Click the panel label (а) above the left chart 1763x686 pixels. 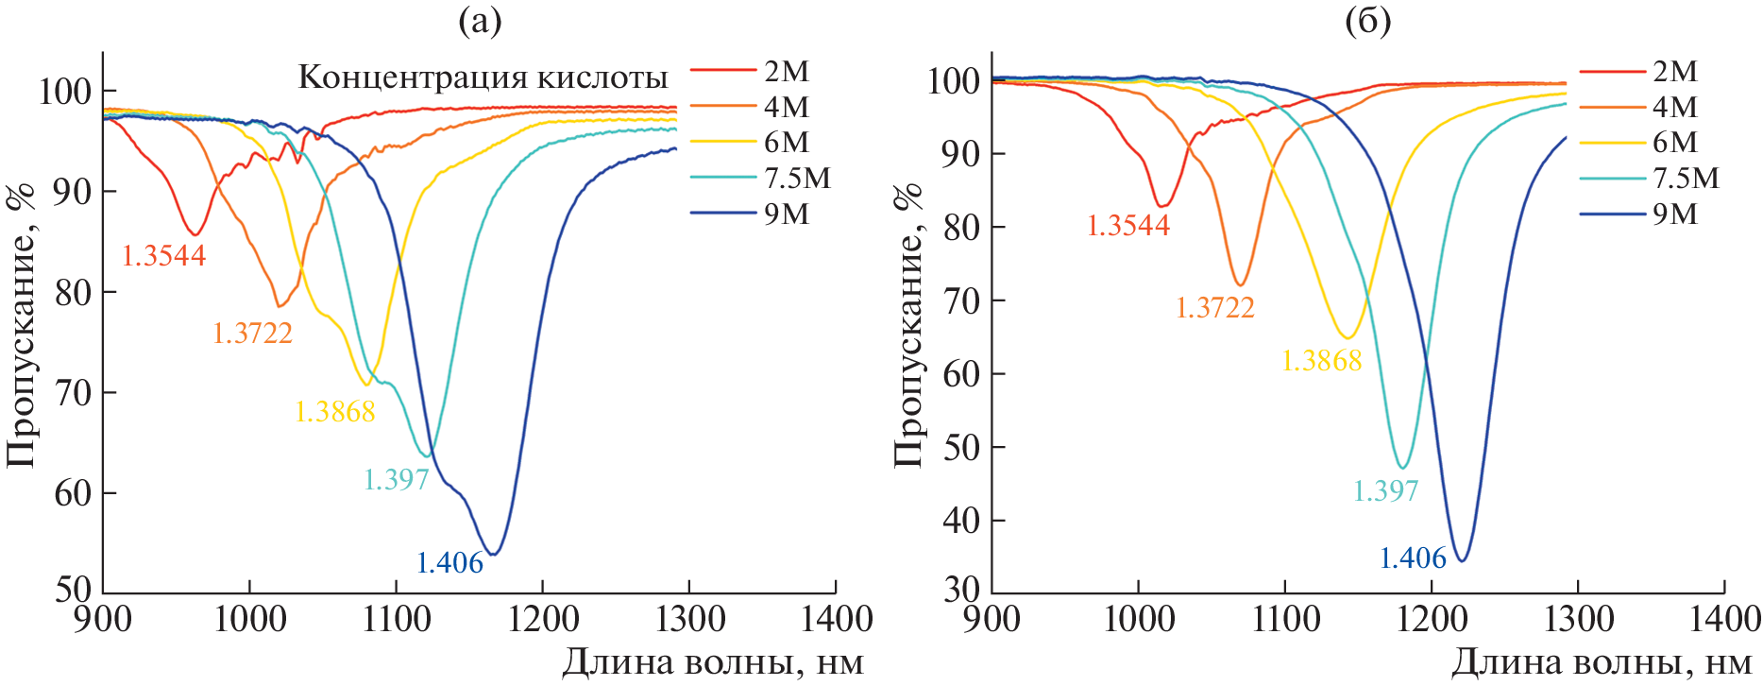pos(480,21)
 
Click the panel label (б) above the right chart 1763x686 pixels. pos(1368,21)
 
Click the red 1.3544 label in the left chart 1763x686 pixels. pos(163,256)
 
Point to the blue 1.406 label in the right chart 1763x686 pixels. pos(1413,558)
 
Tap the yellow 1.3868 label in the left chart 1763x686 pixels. pos(335,412)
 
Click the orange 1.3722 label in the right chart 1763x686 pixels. pos(1214,308)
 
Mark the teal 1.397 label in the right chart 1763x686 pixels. pos(1385,491)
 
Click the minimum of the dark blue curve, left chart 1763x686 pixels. pos(493,554)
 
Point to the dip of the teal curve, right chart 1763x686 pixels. pos(1403,468)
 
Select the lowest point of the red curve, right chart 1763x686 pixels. pos(1162,206)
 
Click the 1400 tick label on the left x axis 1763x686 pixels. pos(836,620)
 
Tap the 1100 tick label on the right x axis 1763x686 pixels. pos(1285,620)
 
